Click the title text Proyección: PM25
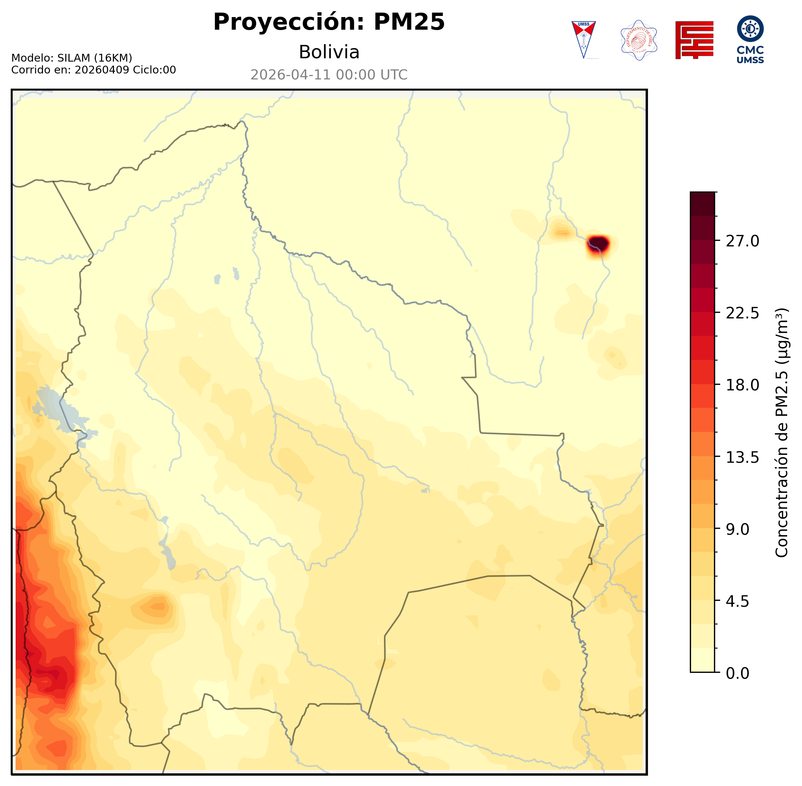[x=329, y=22]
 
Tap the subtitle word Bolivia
[x=329, y=52]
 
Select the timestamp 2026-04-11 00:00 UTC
[x=329, y=75]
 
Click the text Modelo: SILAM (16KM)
[x=71, y=58]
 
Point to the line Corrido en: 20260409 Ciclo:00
[x=93, y=70]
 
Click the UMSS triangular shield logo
[x=583, y=40]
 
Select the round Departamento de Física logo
[x=639, y=40]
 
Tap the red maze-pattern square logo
[x=694, y=40]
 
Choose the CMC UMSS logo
[x=750, y=40]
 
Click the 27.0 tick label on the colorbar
[x=742, y=241]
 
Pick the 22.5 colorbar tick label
[x=742, y=313]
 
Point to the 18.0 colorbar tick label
[x=742, y=385]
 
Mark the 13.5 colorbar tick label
[x=742, y=458]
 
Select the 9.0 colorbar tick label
[x=737, y=529]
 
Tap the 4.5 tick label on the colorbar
[x=737, y=602]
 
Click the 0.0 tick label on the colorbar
[x=737, y=673]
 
